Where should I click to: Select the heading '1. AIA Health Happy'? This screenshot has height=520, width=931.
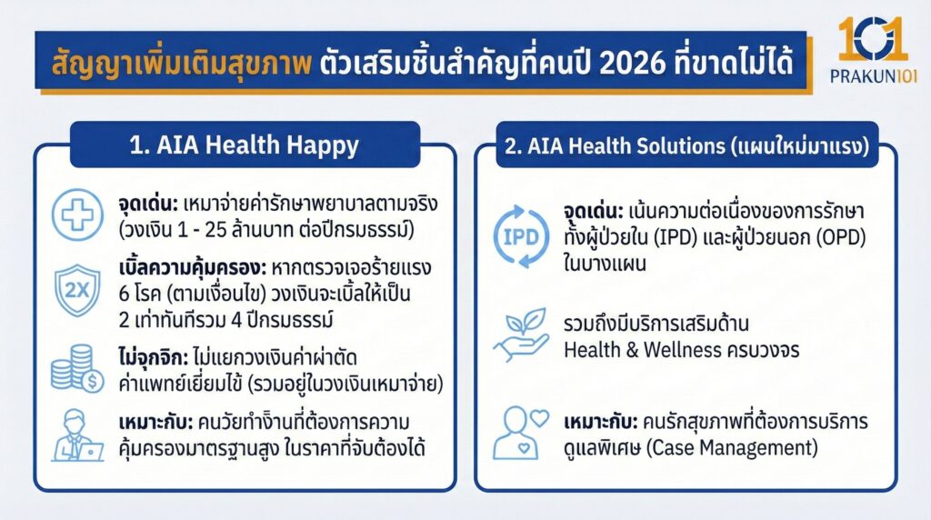244,145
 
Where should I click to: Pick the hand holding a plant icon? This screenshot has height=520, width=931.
520,335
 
